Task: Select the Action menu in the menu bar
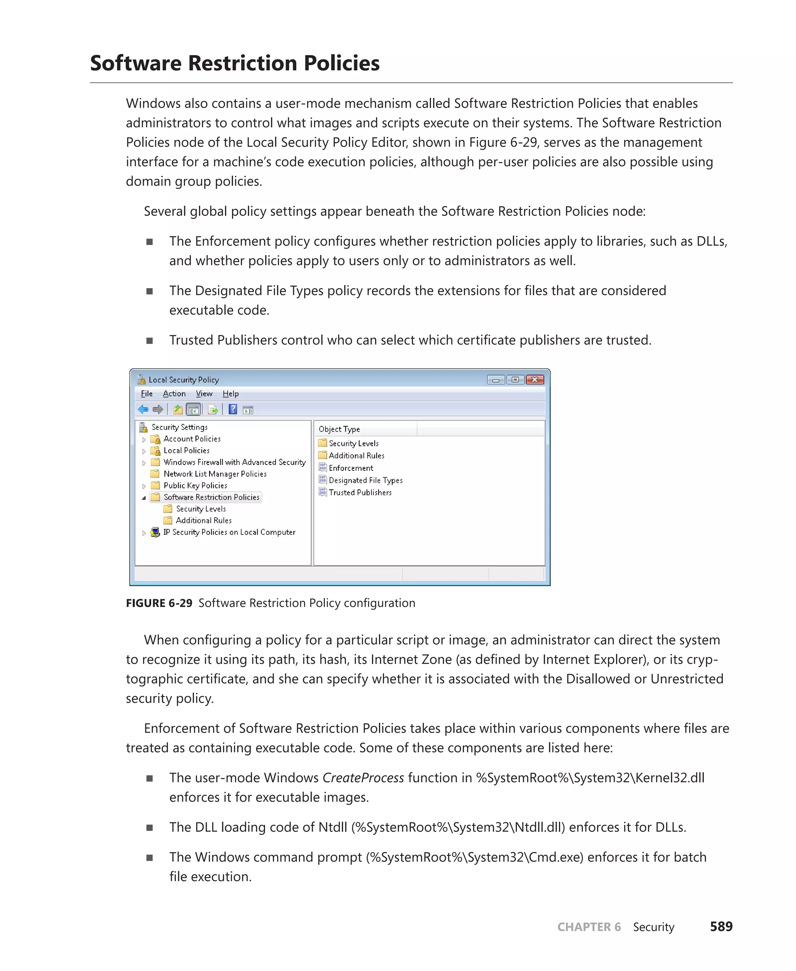pos(174,393)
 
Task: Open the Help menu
pos(230,393)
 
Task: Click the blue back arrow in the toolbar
pos(143,409)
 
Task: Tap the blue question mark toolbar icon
pos(233,409)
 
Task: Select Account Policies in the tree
pos(192,439)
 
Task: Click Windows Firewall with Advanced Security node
pos(234,462)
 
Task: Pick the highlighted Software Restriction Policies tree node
pos(211,497)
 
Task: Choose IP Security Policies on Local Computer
pos(229,532)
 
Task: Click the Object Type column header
pos(339,429)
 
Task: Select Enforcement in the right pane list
pos(351,468)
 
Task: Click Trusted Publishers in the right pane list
pos(360,492)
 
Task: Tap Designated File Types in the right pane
pos(365,480)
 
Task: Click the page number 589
pos(721,927)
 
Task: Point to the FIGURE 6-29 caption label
pos(159,603)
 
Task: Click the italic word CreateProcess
pos(363,778)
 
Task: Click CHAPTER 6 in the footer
pos(589,927)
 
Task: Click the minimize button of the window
pos(496,380)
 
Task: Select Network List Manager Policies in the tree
pos(215,474)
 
